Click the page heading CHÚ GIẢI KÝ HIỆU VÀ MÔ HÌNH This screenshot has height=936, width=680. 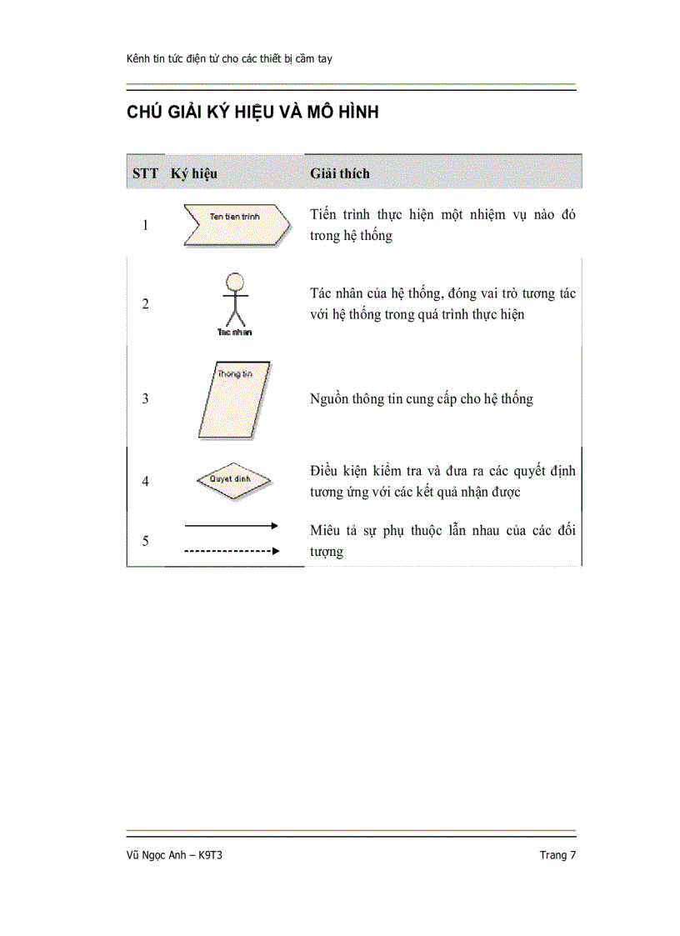pyautogui.click(x=252, y=113)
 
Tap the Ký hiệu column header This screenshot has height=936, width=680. pyautogui.click(x=194, y=173)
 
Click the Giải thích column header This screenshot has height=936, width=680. pyautogui.click(x=340, y=173)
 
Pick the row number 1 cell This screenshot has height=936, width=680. pyautogui.click(x=146, y=225)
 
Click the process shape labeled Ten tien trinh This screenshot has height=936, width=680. pyautogui.click(x=236, y=225)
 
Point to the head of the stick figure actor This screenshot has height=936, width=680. pyautogui.click(x=237, y=280)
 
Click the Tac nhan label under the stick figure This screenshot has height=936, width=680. pyautogui.click(x=235, y=332)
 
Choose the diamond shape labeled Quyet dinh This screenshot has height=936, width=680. pyautogui.click(x=235, y=480)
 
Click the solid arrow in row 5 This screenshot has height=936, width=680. pyautogui.click(x=231, y=525)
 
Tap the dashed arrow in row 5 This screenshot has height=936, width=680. pyautogui.click(x=231, y=551)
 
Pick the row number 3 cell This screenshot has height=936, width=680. pyautogui.click(x=146, y=398)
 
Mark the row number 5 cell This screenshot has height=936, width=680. pyautogui.click(x=146, y=541)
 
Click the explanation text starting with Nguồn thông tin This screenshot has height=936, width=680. pyautogui.click(x=421, y=399)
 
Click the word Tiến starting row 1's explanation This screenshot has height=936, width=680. pyautogui.click(x=323, y=215)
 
